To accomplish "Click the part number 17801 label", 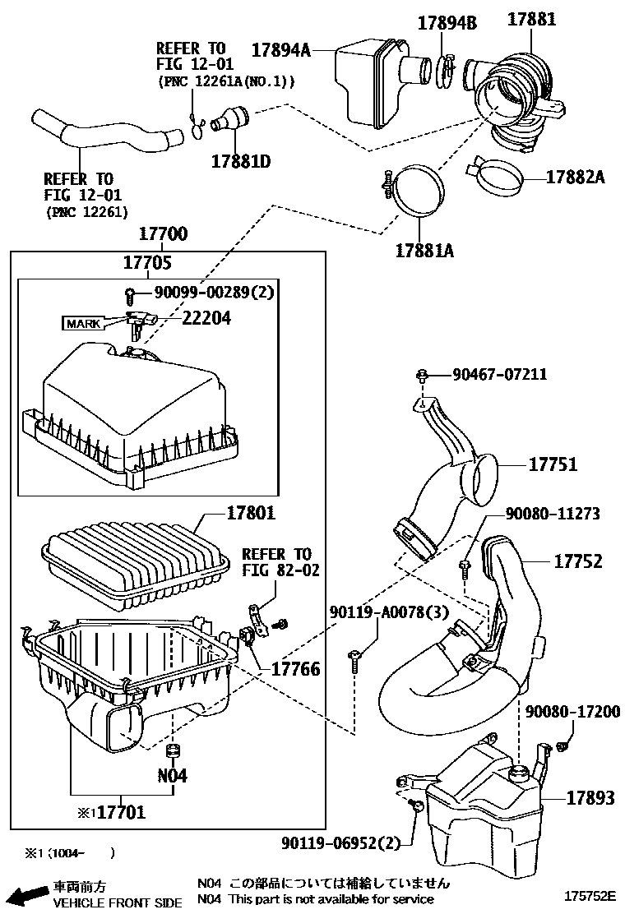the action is point(250,513).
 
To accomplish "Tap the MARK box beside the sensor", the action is point(83,324).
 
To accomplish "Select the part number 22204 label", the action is point(207,318).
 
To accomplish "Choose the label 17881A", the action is point(424,251).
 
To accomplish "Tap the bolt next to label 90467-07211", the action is point(423,376).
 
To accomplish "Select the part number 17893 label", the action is point(590,797).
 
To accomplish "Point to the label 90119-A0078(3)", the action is point(389,612).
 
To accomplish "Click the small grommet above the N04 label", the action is point(173,750).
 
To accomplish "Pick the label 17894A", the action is point(280,50).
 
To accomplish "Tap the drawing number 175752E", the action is point(589,895).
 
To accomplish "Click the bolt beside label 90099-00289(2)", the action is point(129,296).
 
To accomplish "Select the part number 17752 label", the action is point(578,561).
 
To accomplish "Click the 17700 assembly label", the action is point(164,233).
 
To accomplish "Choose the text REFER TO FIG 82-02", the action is point(281,562).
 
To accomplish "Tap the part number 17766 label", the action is point(295,668).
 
